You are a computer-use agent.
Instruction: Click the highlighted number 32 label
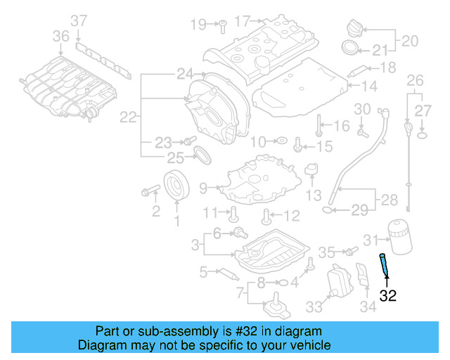pos(388,296)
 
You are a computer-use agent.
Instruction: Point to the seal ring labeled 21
pos(349,49)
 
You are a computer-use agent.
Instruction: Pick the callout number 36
pos(61,35)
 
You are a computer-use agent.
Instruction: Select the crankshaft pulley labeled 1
pos(177,186)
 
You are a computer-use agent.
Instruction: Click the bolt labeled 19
pos(220,25)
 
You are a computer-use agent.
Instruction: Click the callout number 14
pos(370,86)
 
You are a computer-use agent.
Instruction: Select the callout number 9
pos(203,188)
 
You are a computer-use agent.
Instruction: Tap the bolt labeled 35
pos(347,251)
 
